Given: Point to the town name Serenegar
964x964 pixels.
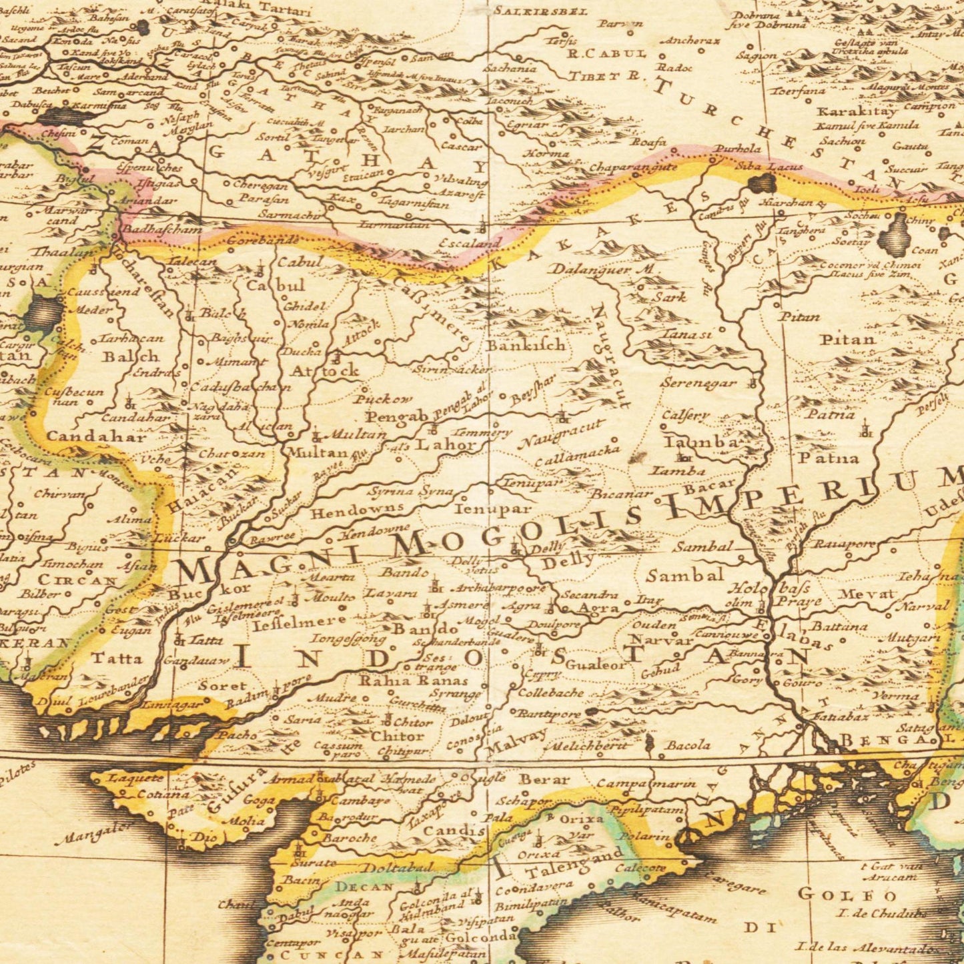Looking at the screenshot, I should pyautogui.click(x=698, y=384).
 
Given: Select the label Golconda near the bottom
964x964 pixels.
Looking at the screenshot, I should pyautogui.click(x=476, y=937).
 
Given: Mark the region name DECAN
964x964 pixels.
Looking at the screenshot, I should pyautogui.click(x=364, y=887).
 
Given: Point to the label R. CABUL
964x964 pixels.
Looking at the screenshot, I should pyautogui.click(x=606, y=54).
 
